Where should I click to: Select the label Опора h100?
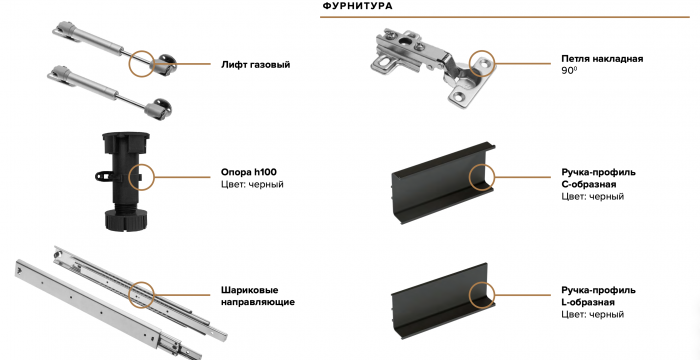point(248,171)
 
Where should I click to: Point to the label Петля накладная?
point(602,59)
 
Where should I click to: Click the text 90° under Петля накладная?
point(570,72)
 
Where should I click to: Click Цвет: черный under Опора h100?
point(251,185)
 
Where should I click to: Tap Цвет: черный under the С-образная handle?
point(593,198)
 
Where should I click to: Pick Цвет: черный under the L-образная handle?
point(593,315)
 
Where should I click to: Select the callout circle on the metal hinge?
point(484,65)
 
